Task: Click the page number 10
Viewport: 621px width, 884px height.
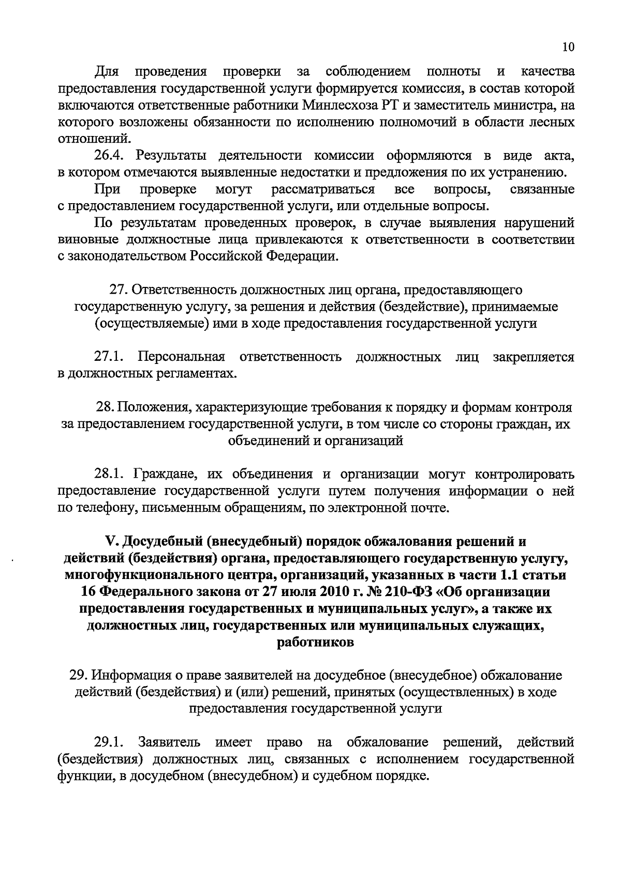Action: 568,47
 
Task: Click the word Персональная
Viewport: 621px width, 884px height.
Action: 182,357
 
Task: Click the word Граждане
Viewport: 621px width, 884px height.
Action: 167,474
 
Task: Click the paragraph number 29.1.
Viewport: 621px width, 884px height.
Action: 108,743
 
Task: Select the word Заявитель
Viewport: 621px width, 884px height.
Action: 169,743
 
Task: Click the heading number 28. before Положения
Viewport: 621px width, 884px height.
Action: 105,407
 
